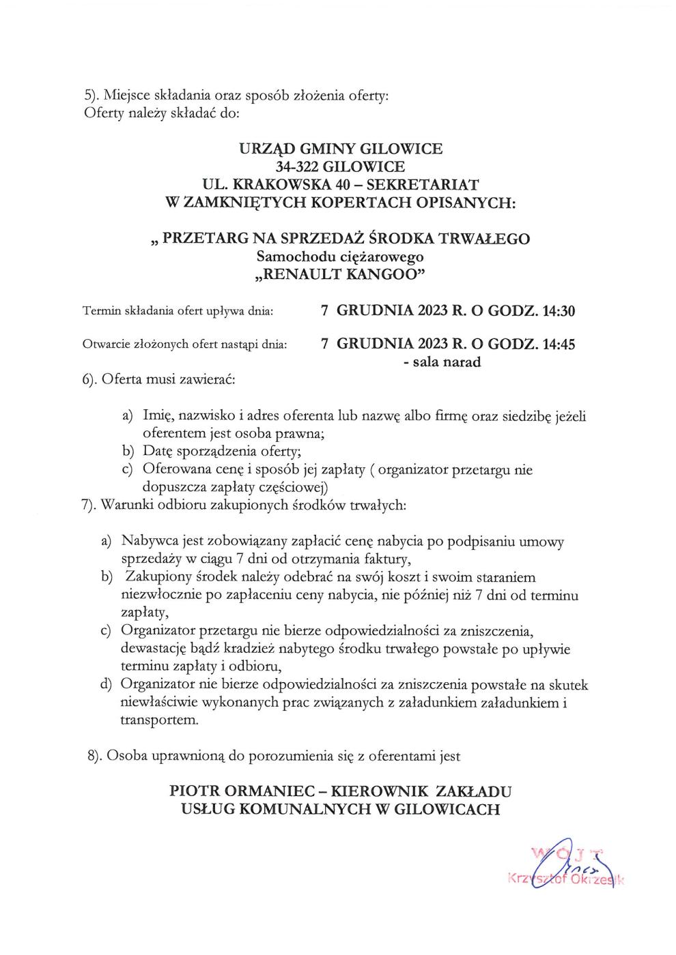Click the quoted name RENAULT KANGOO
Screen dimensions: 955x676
tap(340, 275)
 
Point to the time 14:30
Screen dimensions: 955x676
tap(558, 312)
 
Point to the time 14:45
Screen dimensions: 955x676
tap(558, 344)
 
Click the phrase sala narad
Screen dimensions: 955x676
tap(446, 362)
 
